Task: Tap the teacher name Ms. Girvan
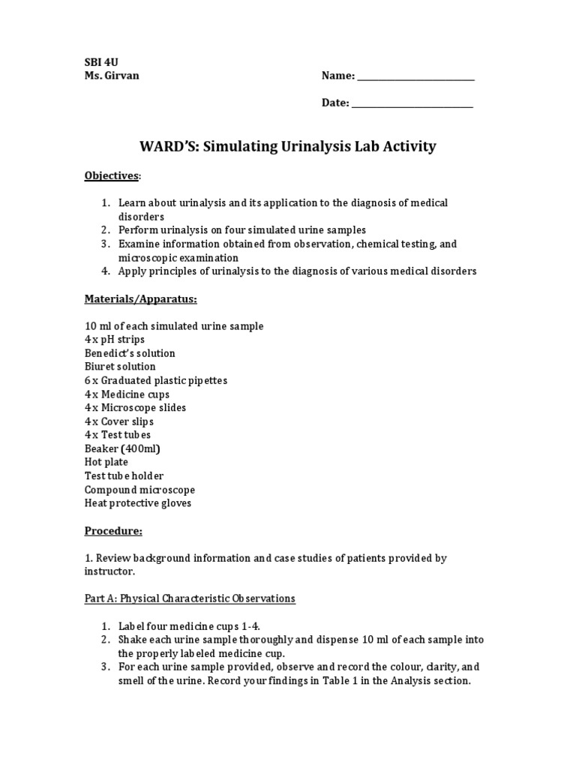pyautogui.click(x=112, y=76)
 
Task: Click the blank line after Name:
pyautogui.click(x=415, y=76)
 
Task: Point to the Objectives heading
pyautogui.click(x=112, y=175)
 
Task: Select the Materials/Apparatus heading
pyautogui.click(x=140, y=298)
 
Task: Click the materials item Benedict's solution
pyautogui.click(x=130, y=353)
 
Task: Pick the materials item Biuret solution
pyautogui.click(x=120, y=367)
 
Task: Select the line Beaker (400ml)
pyautogui.click(x=122, y=448)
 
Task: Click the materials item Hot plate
pyautogui.click(x=106, y=462)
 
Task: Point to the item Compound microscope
pyautogui.click(x=139, y=490)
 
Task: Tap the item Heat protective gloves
pyautogui.click(x=138, y=503)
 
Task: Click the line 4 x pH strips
pyautogui.click(x=115, y=340)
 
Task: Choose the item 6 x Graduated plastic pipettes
pyautogui.click(x=156, y=380)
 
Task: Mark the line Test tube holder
pyautogui.click(x=124, y=475)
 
